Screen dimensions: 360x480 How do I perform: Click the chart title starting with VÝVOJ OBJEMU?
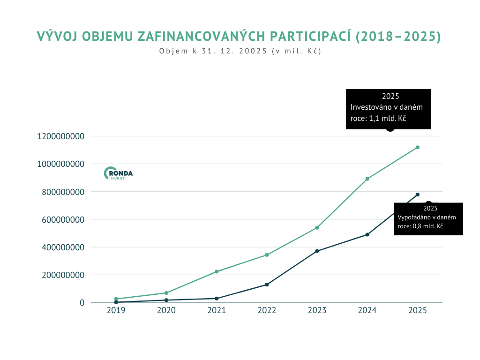(239, 37)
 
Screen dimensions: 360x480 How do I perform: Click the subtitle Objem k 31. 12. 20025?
(240, 52)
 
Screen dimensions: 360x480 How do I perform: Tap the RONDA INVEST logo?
(118, 173)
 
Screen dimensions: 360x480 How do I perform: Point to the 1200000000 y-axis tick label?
(61, 136)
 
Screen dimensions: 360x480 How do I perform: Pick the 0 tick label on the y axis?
(82, 303)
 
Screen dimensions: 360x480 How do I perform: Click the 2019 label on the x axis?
(116, 310)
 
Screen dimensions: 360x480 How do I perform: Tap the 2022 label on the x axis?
(267, 310)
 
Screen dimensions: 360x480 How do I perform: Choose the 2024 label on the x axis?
(367, 310)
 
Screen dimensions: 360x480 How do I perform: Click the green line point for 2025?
(417, 147)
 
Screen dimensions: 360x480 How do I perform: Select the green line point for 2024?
(367, 179)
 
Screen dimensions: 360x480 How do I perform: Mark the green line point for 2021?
(216, 271)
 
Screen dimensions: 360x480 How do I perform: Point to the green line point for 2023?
(317, 228)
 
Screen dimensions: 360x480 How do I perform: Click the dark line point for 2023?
(317, 251)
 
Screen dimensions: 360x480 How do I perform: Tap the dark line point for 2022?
(267, 285)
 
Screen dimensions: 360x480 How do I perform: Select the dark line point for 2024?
(367, 234)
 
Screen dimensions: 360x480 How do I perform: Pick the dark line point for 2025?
(417, 195)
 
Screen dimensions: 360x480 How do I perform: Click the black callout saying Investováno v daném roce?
(388, 109)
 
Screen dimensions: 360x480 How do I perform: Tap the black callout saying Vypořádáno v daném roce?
(428, 218)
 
